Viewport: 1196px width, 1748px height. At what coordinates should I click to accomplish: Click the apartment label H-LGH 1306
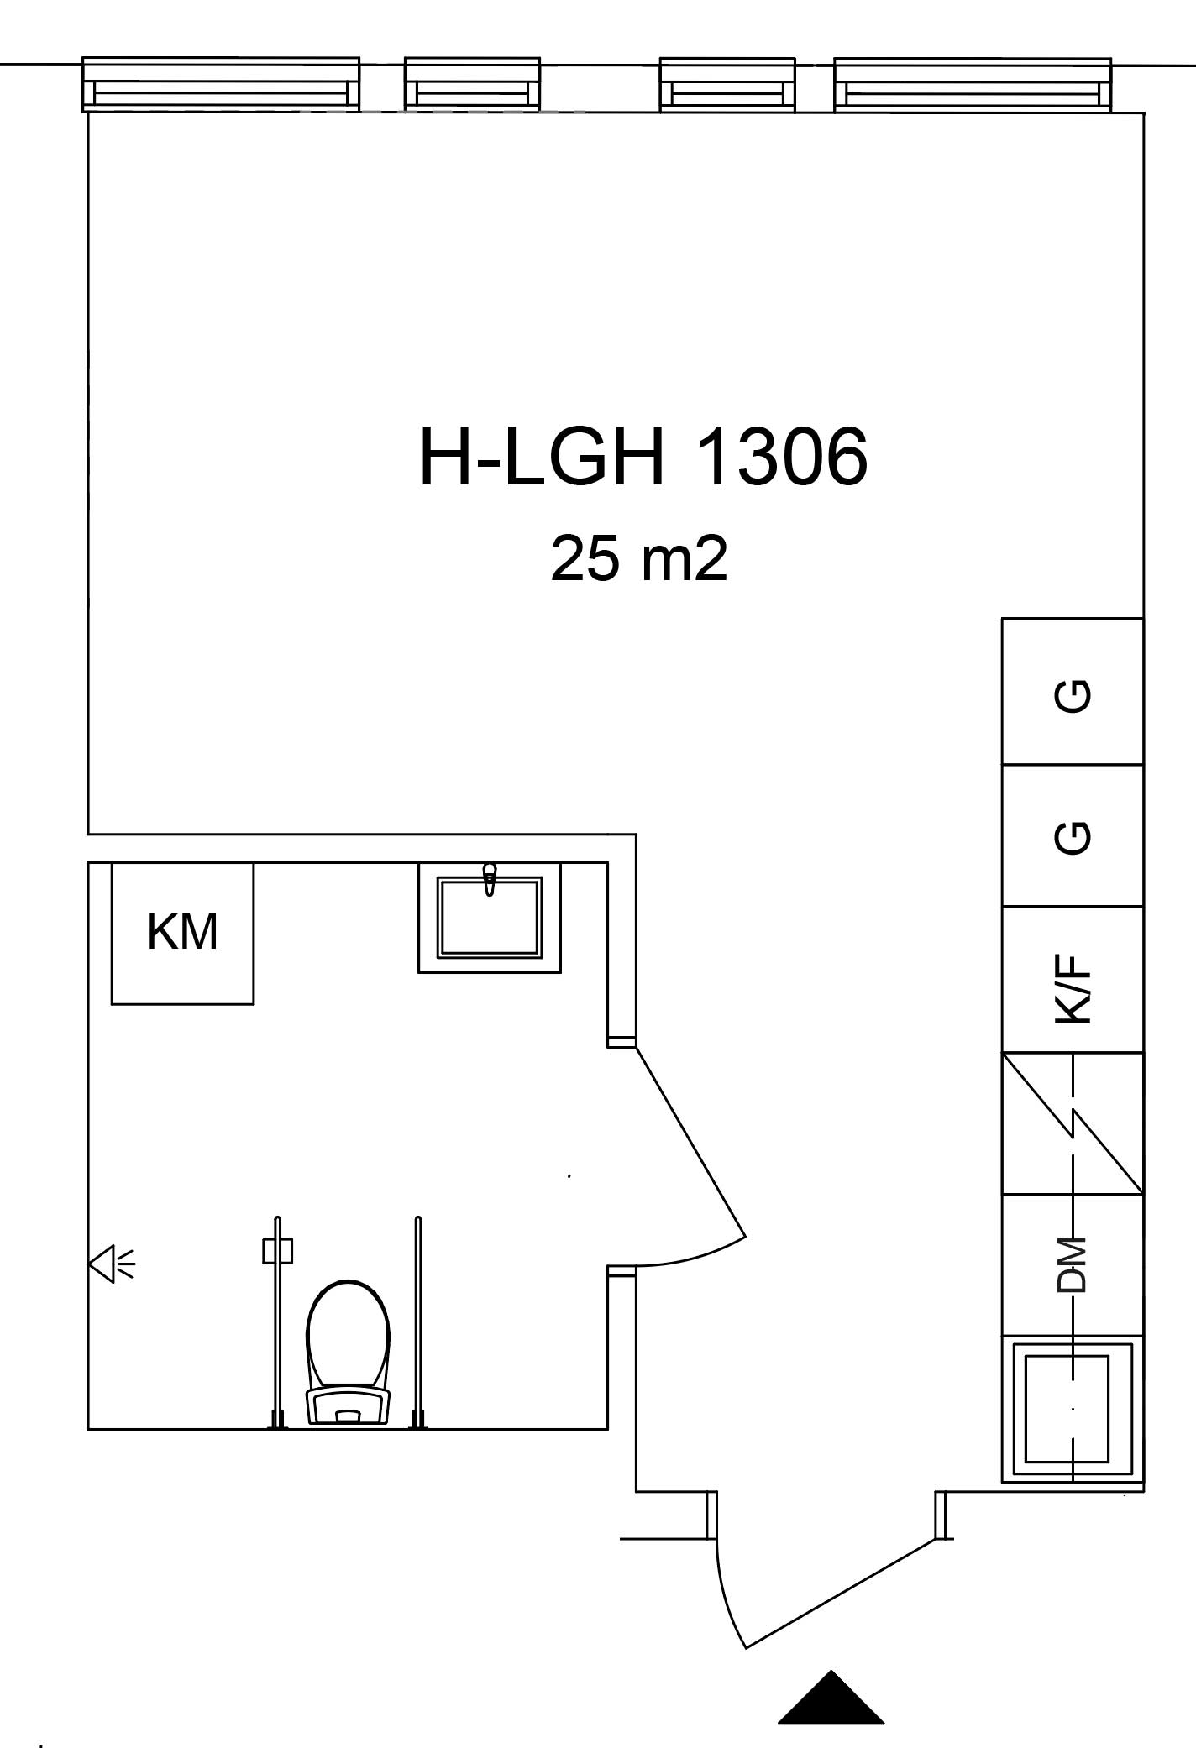[x=643, y=457]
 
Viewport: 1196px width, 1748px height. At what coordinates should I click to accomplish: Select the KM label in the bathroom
[x=182, y=931]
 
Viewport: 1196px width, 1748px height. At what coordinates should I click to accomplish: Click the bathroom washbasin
[x=490, y=918]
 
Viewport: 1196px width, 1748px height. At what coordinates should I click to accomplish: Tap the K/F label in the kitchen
[x=1073, y=987]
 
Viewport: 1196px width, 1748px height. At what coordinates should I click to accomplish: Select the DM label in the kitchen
[x=1073, y=1264]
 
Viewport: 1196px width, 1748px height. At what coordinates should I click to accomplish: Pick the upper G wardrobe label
[x=1073, y=695]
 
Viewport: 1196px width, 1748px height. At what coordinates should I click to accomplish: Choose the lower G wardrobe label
[x=1073, y=837]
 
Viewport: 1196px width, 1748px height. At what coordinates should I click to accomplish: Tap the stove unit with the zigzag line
[x=1073, y=1123]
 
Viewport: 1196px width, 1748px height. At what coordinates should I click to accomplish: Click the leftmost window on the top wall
[x=221, y=84]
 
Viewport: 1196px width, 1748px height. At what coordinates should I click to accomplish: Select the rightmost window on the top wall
[x=973, y=84]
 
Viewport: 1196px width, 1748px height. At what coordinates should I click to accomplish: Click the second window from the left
[x=472, y=84]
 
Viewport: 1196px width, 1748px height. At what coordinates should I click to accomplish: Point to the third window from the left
[x=727, y=84]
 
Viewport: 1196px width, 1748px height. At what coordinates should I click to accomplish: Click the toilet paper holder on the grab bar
[x=278, y=1252]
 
